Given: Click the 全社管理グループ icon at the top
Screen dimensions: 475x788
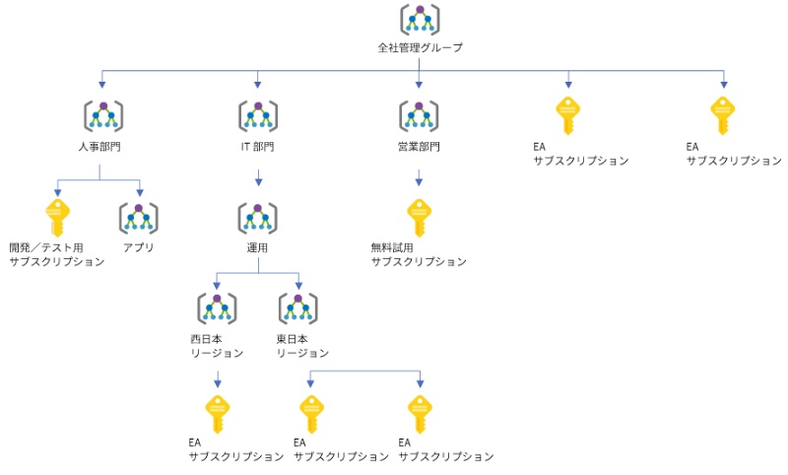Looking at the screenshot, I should tap(420, 20).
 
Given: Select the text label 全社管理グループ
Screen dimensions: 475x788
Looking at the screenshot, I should tap(420, 47).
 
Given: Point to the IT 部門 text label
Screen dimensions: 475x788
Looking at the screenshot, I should tap(258, 147).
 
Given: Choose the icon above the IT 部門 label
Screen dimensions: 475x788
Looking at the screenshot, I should tap(258, 116).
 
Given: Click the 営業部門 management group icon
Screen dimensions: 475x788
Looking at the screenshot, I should tap(420, 116).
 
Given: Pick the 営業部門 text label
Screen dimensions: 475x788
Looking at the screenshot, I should tap(420, 147).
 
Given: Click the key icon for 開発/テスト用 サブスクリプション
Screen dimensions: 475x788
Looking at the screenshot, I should tap(57, 218).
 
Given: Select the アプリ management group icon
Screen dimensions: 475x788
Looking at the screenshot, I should tap(139, 218).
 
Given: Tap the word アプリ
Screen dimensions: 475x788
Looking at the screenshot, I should tap(139, 247).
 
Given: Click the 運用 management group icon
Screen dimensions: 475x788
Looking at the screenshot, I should tap(258, 218).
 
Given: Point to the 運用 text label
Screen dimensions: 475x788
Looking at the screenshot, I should tap(258, 247).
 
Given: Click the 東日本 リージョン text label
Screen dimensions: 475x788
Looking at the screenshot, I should tap(302, 345).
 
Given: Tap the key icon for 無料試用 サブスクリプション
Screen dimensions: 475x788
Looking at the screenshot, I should tap(420, 218).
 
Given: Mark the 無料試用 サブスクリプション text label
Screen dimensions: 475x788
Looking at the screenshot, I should tap(419, 254).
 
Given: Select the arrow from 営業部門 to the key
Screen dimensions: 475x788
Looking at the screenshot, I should tap(420, 178).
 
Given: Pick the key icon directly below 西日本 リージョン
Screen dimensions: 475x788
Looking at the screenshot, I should tap(217, 414).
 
